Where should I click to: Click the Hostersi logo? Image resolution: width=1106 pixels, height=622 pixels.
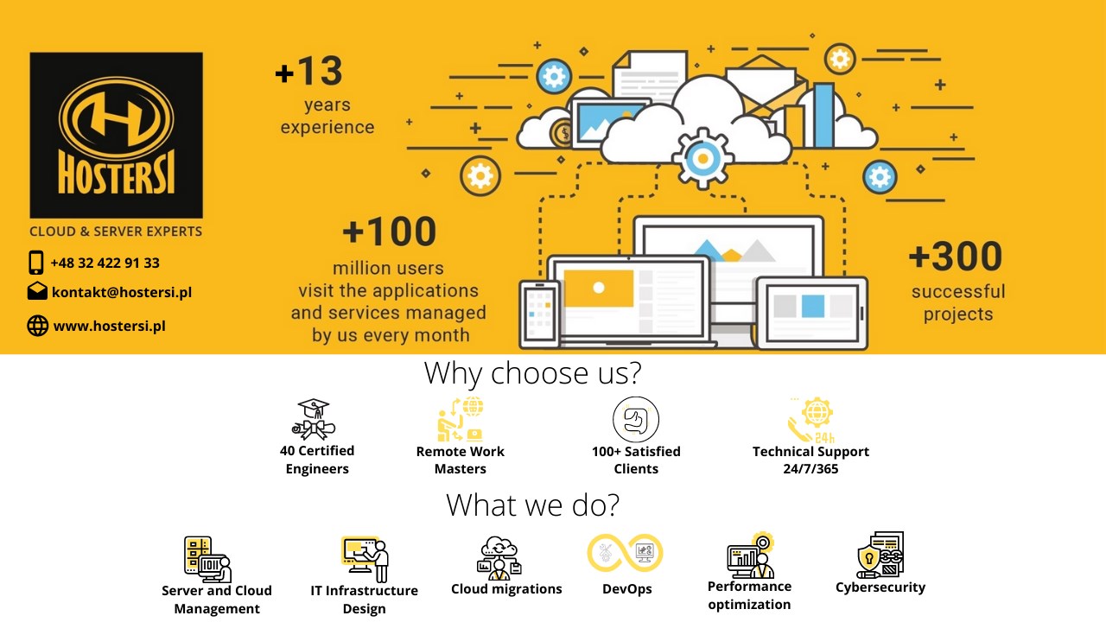(116, 136)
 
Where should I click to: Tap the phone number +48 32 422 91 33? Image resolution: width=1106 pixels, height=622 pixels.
(105, 263)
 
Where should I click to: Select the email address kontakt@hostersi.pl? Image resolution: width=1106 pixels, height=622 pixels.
(122, 292)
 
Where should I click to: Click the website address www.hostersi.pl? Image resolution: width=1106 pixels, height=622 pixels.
(109, 326)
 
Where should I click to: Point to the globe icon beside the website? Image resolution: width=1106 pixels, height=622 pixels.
(37, 326)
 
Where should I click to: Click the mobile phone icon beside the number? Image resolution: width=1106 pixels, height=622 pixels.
(36, 262)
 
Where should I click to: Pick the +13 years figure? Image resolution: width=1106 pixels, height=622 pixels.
(309, 71)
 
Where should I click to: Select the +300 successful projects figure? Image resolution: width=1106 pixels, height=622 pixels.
(956, 257)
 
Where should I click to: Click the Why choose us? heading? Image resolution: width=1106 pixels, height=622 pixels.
(532, 372)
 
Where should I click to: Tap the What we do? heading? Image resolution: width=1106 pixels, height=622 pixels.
(532, 505)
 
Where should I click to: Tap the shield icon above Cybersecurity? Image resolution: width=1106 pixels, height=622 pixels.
(869, 559)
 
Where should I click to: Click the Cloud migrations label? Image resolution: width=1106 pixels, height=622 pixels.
(506, 589)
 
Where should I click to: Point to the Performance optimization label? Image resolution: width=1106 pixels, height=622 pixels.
(749, 595)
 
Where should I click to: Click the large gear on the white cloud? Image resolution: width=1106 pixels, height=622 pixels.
(702, 159)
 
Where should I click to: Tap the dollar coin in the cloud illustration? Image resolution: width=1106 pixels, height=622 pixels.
(563, 133)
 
